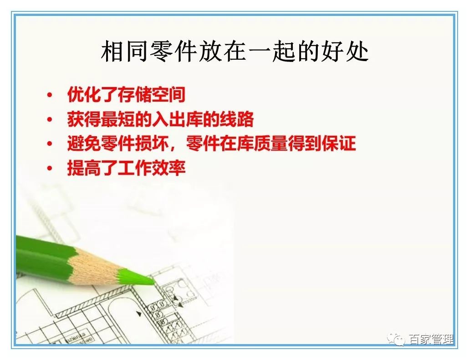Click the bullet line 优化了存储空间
pyautogui.click(x=126, y=95)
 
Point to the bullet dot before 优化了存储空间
pyautogui.click(x=50, y=96)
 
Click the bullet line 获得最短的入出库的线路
pyautogui.click(x=160, y=120)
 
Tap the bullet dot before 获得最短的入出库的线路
pyautogui.click(x=50, y=120)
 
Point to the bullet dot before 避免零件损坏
pyautogui.click(x=50, y=144)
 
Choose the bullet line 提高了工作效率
pyautogui.click(x=126, y=168)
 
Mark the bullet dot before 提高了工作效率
pyautogui.click(x=50, y=169)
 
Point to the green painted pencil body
pyautogui.click(x=41, y=253)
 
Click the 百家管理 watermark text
pyautogui.click(x=430, y=339)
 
